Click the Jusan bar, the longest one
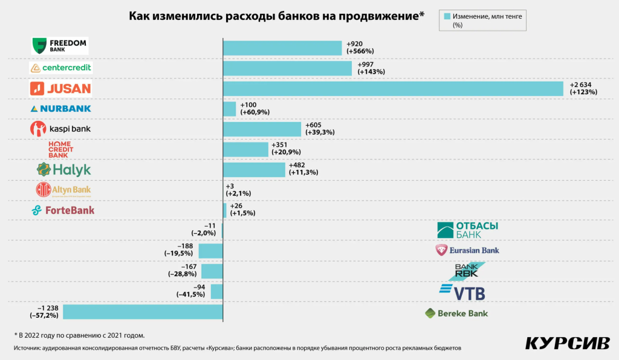pos(393,88)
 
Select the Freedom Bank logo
pos(60,45)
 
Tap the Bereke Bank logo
pos(456,313)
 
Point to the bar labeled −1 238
pos(143,312)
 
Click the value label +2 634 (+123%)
pos(583,88)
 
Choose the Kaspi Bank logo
pos(60,129)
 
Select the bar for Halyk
pos(254,170)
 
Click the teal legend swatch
pos(447,17)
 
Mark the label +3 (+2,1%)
pos(238,190)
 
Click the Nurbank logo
pos(60,109)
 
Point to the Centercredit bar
pos(287,68)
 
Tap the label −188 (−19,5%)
pos(179,250)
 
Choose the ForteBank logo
pos(63,210)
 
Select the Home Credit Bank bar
pos(245,149)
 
